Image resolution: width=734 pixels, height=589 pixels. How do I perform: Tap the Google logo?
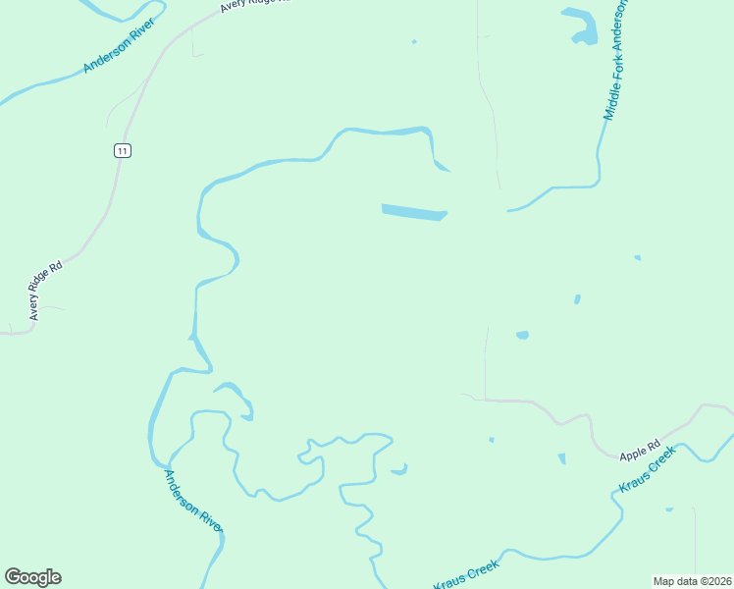click(x=32, y=577)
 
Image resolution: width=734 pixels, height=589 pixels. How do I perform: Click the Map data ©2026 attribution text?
click(x=693, y=580)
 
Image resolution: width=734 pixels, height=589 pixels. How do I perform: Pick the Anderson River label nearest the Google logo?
click(x=193, y=502)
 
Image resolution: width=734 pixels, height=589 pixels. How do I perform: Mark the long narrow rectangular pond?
click(x=413, y=212)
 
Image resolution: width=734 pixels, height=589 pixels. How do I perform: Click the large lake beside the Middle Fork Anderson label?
click(x=581, y=27)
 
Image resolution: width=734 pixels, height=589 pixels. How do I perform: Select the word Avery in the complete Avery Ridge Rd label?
click(x=34, y=309)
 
